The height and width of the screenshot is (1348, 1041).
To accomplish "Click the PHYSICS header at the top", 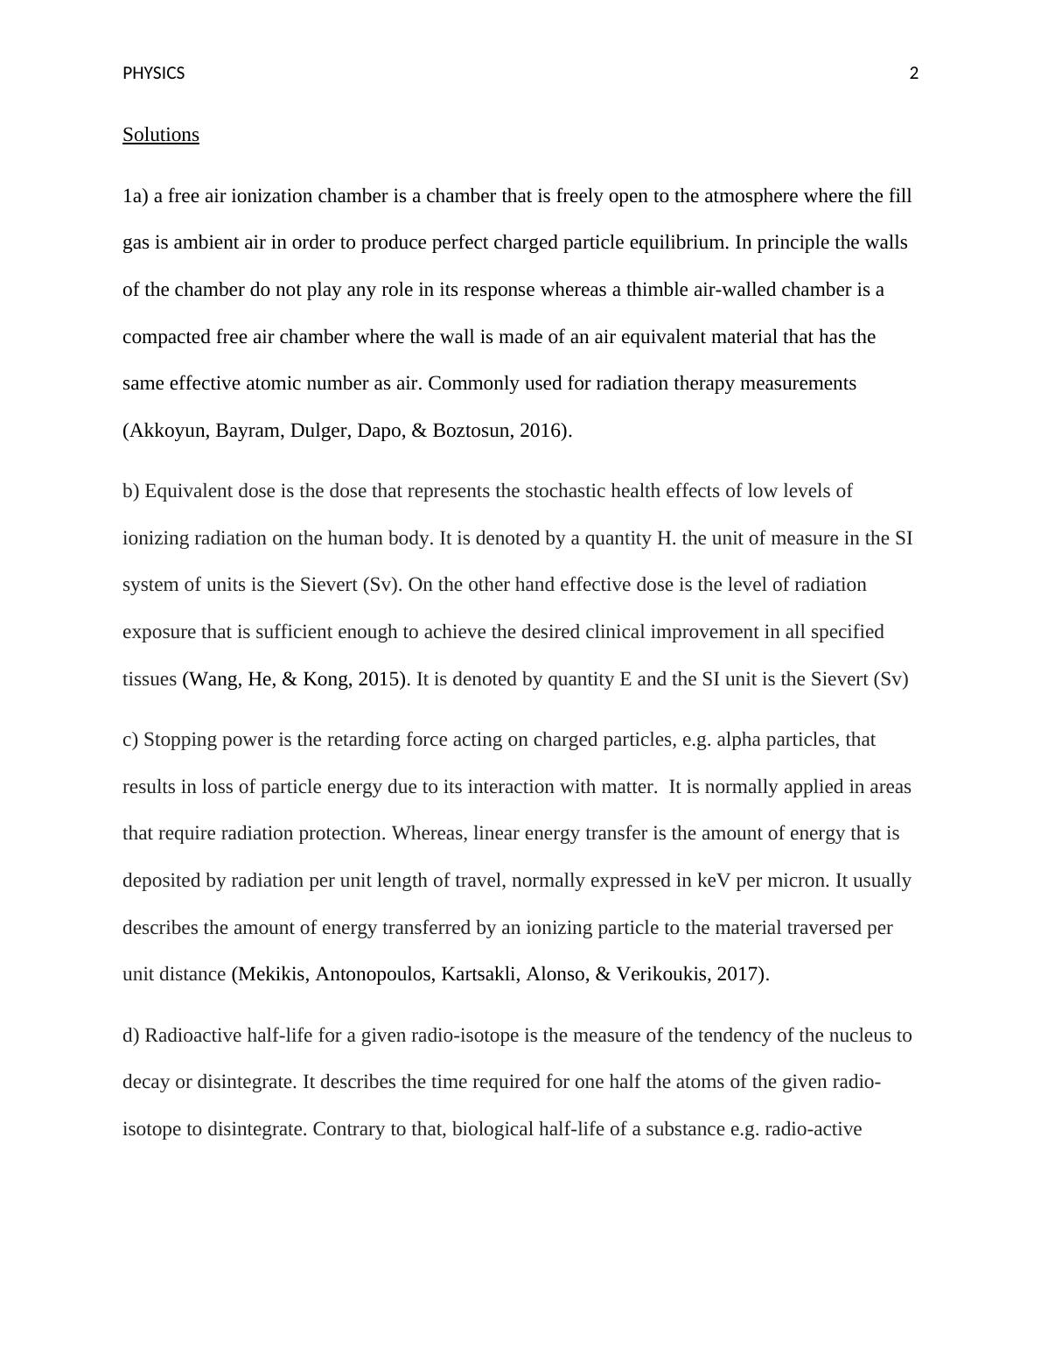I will click(153, 74).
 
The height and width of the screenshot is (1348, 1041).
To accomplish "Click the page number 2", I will click(914, 74).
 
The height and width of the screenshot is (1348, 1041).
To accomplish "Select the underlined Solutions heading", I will click(161, 135).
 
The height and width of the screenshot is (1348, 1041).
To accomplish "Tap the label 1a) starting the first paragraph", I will click(136, 196).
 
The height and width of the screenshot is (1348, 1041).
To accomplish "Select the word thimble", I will click(656, 290).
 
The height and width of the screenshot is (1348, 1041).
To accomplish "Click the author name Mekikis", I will click(272, 974).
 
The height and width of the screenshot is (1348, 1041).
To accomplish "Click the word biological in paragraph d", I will click(493, 1129).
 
